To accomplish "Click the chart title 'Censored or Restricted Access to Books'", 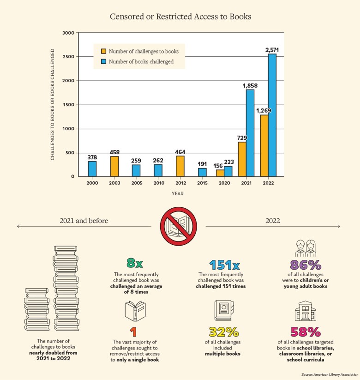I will (180, 17).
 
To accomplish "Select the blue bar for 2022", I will (272, 115).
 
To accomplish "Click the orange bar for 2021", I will (242, 159).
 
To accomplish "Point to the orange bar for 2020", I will (220, 173).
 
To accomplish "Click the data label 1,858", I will (249, 86).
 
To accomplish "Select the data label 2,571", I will (272, 50).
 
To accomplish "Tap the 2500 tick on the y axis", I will (68, 57).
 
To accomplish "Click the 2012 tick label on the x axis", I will (181, 183).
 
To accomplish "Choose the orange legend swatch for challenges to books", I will (103, 51).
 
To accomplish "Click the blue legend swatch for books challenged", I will (103, 61).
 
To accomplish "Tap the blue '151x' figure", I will (224, 265).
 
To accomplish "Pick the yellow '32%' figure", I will (224, 332).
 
